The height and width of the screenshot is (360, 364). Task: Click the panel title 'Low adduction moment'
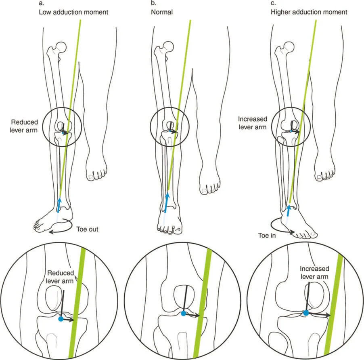click(x=73, y=12)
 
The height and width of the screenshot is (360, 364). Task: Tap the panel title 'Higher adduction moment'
click(x=309, y=12)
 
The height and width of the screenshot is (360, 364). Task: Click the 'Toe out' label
click(x=87, y=229)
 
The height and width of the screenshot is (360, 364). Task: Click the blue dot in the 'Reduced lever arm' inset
click(x=61, y=319)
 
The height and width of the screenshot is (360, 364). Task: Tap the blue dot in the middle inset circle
click(x=184, y=313)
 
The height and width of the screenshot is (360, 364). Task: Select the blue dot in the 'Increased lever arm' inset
click(x=305, y=312)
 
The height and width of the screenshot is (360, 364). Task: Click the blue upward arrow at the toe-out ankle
click(x=59, y=204)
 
